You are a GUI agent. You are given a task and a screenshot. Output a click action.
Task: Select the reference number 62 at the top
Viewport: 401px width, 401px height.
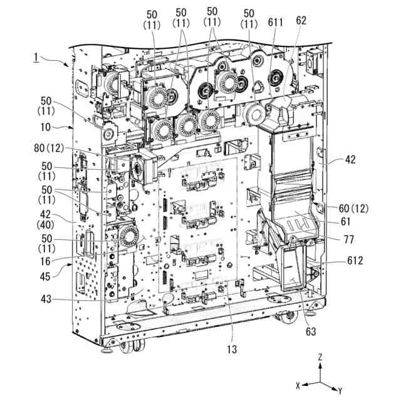301,19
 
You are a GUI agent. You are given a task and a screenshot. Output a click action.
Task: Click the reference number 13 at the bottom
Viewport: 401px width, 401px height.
232,349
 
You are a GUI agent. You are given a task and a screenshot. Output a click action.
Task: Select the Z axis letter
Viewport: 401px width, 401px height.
320,357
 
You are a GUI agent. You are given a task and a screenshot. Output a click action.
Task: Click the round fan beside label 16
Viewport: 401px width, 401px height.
128,237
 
